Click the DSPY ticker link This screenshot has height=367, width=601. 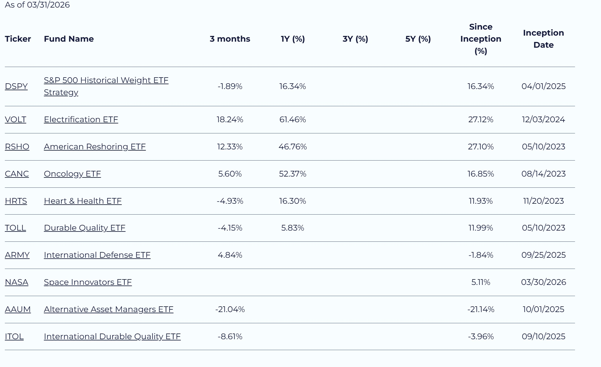coord(16,86)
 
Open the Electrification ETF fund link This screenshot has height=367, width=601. coord(81,120)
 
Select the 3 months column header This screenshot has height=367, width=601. coord(230,39)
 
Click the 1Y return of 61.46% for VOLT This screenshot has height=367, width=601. coord(293,120)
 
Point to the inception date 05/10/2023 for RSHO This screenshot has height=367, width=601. coord(544,147)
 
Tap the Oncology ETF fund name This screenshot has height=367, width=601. coord(72,174)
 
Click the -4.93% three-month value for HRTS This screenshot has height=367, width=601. coord(230,201)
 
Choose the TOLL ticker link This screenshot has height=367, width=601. coord(15,228)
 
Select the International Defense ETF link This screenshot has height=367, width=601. coord(97,255)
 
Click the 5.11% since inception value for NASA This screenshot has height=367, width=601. coord(481,282)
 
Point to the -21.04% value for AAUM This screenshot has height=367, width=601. coord(230,309)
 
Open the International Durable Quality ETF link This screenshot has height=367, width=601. coord(112,337)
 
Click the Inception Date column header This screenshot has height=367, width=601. coord(544,39)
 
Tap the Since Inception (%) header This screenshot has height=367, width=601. coord(481,39)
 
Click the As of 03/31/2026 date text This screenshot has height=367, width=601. coord(37,5)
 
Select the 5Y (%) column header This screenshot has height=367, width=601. coord(418,39)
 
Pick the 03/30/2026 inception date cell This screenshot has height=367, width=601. coord(544,282)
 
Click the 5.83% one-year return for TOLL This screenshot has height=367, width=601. coord(293,228)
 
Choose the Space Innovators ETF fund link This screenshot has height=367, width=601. coord(88,282)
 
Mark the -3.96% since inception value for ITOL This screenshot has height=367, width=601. coord(481,337)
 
